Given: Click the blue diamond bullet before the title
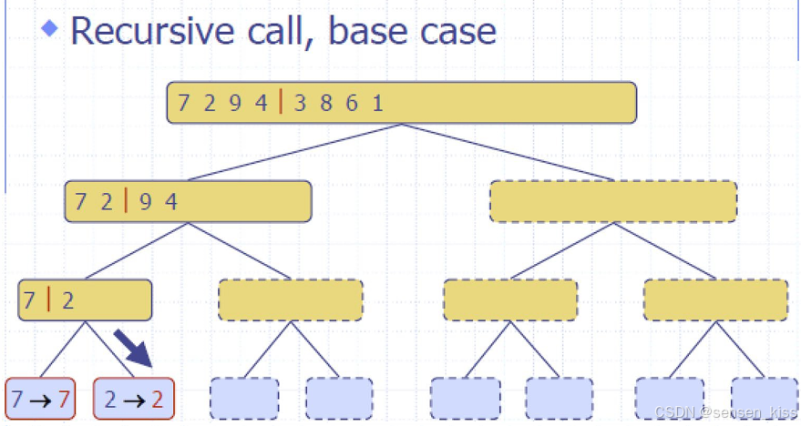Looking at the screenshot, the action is [x=51, y=27].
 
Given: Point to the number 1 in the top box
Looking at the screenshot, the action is [x=377, y=103].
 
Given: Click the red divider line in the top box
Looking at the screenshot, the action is [x=281, y=103].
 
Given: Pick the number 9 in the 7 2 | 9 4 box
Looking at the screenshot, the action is [x=146, y=201].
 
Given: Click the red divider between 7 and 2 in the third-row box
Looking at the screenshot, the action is [x=47, y=299].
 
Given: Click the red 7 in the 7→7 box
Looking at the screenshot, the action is [x=63, y=399].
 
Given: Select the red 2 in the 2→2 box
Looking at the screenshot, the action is [x=158, y=399].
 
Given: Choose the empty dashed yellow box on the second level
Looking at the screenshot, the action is [x=613, y=201].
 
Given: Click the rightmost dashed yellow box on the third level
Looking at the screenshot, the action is [x=715, y=299].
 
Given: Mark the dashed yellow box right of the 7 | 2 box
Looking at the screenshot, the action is [x=291, y=299].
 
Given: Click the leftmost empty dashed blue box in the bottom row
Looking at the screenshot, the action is [x=244, y=399].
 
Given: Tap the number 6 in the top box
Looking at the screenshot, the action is [x=352, y=103].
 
